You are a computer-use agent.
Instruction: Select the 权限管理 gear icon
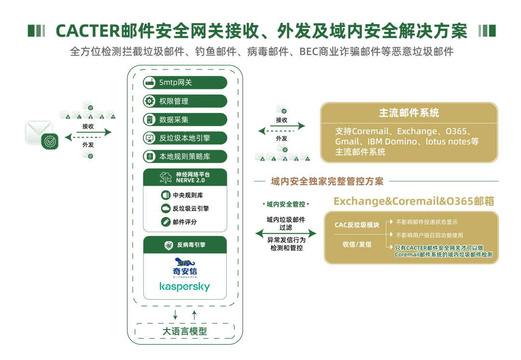coord(150,101)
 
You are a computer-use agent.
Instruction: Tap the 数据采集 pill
coord(185,120)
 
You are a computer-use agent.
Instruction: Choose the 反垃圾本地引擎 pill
coord(185,138)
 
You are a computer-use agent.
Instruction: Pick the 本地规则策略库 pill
coord(185,156)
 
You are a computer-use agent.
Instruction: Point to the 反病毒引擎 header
coord(191,245)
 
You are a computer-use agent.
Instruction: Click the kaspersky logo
coord(185,287)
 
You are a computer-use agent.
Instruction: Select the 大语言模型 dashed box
coord(185,331)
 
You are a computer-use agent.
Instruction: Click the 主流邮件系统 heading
coord(409,113)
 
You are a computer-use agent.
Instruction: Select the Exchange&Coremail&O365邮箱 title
coord(414,201)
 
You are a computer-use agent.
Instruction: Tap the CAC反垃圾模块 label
coord(357,225)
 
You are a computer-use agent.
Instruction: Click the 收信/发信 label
coord(357,244)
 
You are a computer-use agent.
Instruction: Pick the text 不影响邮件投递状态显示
coord(426,222)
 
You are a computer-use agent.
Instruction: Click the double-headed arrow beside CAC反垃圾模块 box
coord(286,234)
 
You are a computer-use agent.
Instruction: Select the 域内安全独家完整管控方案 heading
coord(328,181)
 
